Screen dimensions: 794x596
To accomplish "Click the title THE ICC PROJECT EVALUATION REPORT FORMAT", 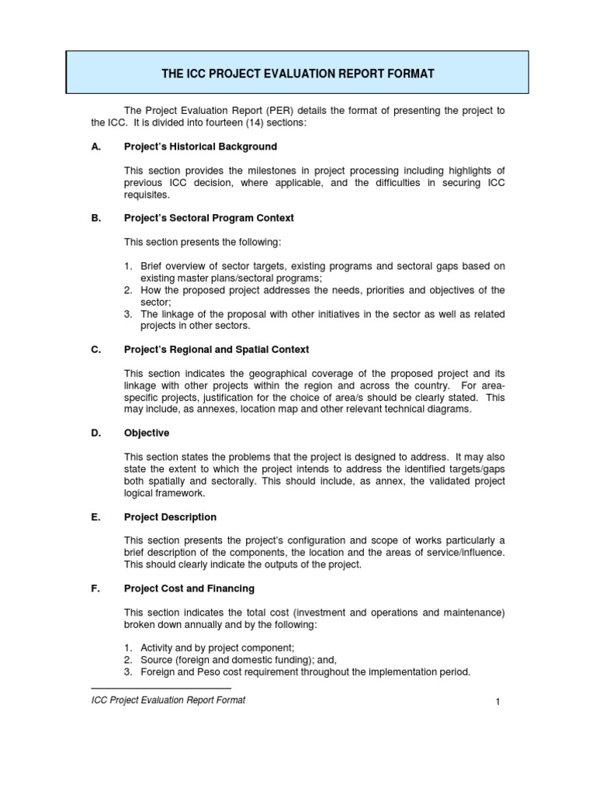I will (297, 74).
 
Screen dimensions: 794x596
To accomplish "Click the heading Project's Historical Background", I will (200, 147).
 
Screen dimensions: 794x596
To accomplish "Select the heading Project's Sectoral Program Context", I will (209, 219).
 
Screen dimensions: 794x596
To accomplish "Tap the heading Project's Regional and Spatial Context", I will (217, 350).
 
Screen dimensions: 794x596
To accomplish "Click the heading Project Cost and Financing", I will (189, 589).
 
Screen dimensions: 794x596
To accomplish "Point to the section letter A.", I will (95, 147).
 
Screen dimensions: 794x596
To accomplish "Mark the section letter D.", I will (95, 433).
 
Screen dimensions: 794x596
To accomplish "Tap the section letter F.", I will (95, 589).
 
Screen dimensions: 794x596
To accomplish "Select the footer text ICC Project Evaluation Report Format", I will (168, 700).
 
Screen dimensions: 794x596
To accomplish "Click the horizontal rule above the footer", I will (161, 689).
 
